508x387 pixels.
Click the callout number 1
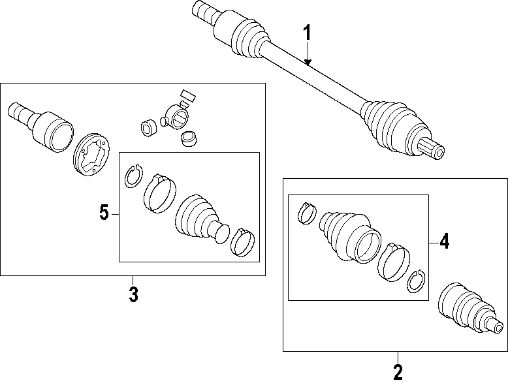(308, 33)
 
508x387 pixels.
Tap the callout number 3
(133, 294)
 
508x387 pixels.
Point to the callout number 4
(444, 241)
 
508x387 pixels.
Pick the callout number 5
(104, 213)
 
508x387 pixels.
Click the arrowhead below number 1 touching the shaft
(308, 63)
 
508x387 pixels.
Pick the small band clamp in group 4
(307, 213)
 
